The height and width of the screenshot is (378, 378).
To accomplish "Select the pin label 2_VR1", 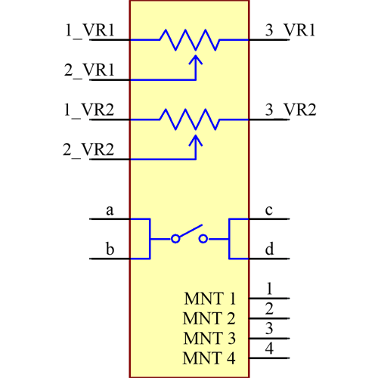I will pos(89,70).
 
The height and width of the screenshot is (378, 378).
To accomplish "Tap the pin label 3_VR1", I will pos(290,30).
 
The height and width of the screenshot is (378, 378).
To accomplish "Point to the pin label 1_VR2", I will pos(89,110).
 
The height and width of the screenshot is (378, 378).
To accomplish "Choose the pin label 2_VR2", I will pos(88,149).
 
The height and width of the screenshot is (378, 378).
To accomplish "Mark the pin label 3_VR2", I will pos(290,110).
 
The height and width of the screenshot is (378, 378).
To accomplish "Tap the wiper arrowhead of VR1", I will pos(196,58).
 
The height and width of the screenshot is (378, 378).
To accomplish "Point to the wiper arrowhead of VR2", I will pos(196,138).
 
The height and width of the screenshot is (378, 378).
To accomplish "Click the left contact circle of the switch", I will pos(175,239).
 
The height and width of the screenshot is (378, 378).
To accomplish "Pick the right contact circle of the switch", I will pos(203,239).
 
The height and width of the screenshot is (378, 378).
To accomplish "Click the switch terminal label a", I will pos(110,211).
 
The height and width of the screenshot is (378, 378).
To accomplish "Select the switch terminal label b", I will pos(110,249).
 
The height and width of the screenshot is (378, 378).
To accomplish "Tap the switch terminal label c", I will pos(269,210).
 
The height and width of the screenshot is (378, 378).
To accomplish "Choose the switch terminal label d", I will pos(269,249).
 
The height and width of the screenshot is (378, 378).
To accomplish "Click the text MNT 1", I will pos(209,299).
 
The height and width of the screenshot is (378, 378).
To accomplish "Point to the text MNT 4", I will pos(209,358).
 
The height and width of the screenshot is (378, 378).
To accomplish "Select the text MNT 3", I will pos(209,339).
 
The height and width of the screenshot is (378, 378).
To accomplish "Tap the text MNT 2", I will pos(209,319).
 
